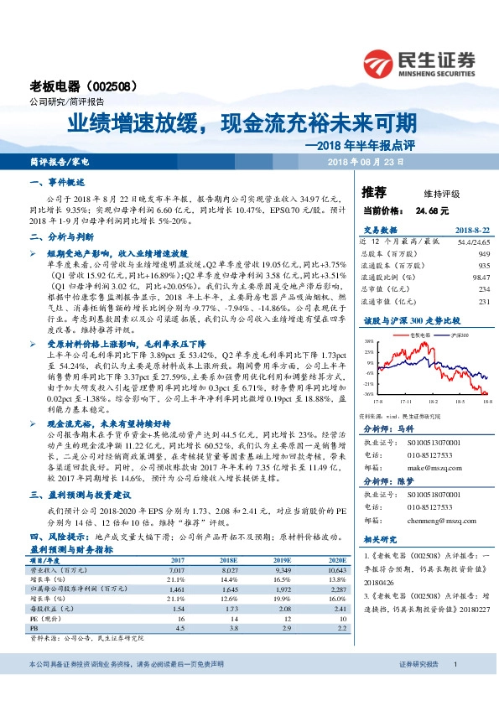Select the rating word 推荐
click(374, 192)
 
